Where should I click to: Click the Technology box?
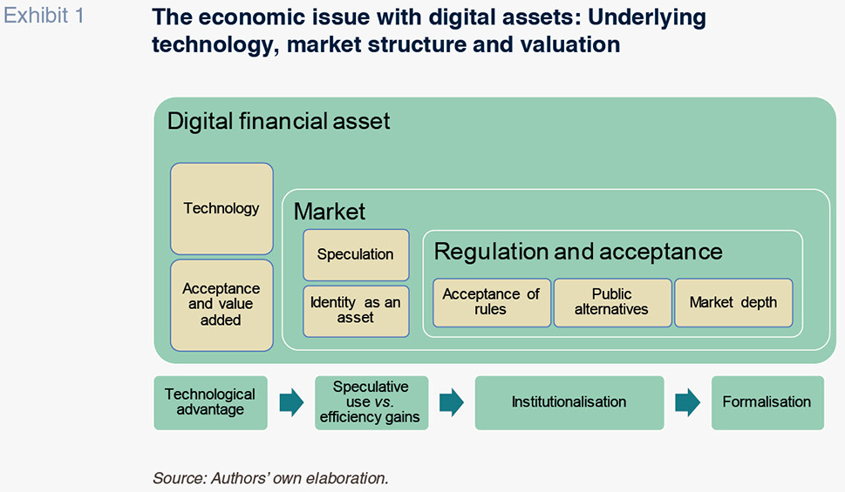click(x=221, y=208)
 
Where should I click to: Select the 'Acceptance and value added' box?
click(x=221, y=305)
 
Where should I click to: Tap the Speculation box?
click(x=356, y=254)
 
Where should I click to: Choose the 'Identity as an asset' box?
click(x=356, y=311)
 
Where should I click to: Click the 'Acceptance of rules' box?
click(x=492, y=302)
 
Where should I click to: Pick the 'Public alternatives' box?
click(x=613, y=302)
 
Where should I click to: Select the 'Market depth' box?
click(x=733, y=302)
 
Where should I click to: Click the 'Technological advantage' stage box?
click(x=210, y=402)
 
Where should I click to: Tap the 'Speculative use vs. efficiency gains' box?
click(x=371, y=402)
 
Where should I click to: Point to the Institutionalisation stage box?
click(x=569, y=402)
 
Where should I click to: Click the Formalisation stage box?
click(x=767, y=402)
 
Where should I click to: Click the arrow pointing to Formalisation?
click(x=688, y=402)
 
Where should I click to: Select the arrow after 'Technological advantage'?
click(x=291, y=402)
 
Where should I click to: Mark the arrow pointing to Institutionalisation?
click(x=452, y=402)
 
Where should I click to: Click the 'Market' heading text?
click(x=330, y=211)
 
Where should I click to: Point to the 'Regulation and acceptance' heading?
click(x=578, y=252)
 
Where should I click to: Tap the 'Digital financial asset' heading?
click(x=278, y=122)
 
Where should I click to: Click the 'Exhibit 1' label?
click(x=44, y=16)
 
